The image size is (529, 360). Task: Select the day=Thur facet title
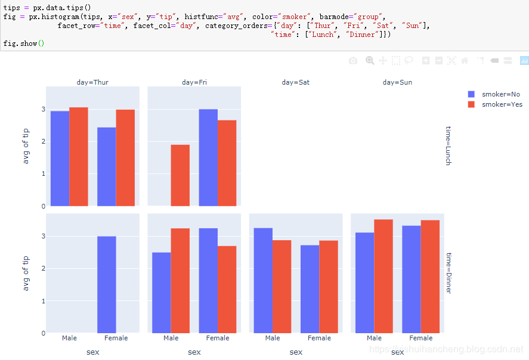(92, 82)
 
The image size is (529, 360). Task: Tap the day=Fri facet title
(194, 82)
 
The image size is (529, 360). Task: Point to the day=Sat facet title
(296, 82)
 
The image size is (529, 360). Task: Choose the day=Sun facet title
(397, 82)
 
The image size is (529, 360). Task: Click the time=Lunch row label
(448, 145)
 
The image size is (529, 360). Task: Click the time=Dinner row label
(448, 273)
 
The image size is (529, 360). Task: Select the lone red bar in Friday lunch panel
(180, 175)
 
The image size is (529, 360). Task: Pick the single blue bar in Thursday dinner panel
(107, 284)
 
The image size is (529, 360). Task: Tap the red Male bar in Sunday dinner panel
(383, 276)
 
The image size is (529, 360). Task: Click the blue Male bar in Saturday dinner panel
(263, 280)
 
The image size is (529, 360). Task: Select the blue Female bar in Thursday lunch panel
(107, 166)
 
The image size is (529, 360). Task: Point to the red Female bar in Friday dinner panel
(227, 289)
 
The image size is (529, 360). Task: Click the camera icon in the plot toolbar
(353, 60)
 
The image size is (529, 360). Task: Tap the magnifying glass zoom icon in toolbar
(370, 60)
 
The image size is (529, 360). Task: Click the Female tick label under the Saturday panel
(319, 338)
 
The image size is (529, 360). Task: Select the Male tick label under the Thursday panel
(69, 338)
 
